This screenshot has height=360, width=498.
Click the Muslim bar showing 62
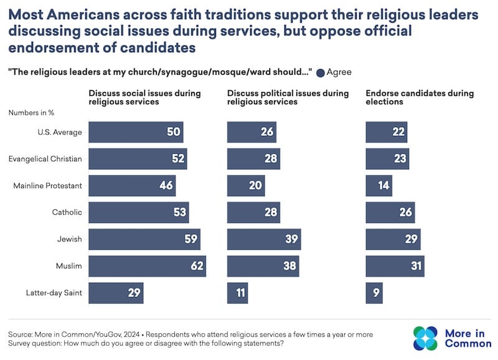point(147,266)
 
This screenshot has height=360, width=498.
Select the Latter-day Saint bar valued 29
point(116,293)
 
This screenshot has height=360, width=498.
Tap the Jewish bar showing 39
point(263,239)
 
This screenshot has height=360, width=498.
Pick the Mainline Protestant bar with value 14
point(378,186)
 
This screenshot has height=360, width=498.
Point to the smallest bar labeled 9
point(374,293)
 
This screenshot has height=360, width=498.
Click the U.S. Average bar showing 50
point(136,132)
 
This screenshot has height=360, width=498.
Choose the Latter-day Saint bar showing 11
point(237,293)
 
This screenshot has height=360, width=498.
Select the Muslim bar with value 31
point(394,266)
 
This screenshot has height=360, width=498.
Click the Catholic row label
point(67,212)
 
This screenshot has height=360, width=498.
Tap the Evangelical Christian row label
point(45,159)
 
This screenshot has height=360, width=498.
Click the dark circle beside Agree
point(321,72)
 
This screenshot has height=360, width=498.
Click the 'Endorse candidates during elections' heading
point(419,97)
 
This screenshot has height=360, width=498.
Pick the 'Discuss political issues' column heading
point(288,97)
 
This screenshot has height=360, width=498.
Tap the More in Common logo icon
point(425,338)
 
